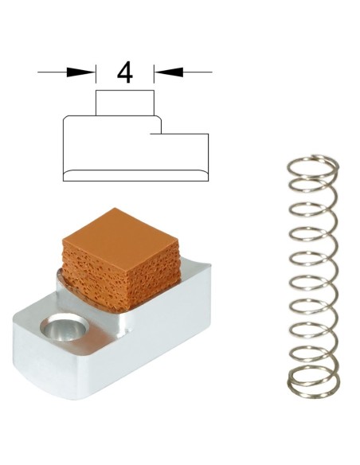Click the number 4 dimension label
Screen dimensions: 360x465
pos(125,72)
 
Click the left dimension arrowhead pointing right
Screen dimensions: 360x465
pos(80,72)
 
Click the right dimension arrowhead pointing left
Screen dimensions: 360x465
pos(168,72)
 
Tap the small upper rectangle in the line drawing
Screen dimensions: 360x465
pos(125,103)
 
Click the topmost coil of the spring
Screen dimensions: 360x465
pos(313,166)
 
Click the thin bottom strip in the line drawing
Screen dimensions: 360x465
pos(136,175)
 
